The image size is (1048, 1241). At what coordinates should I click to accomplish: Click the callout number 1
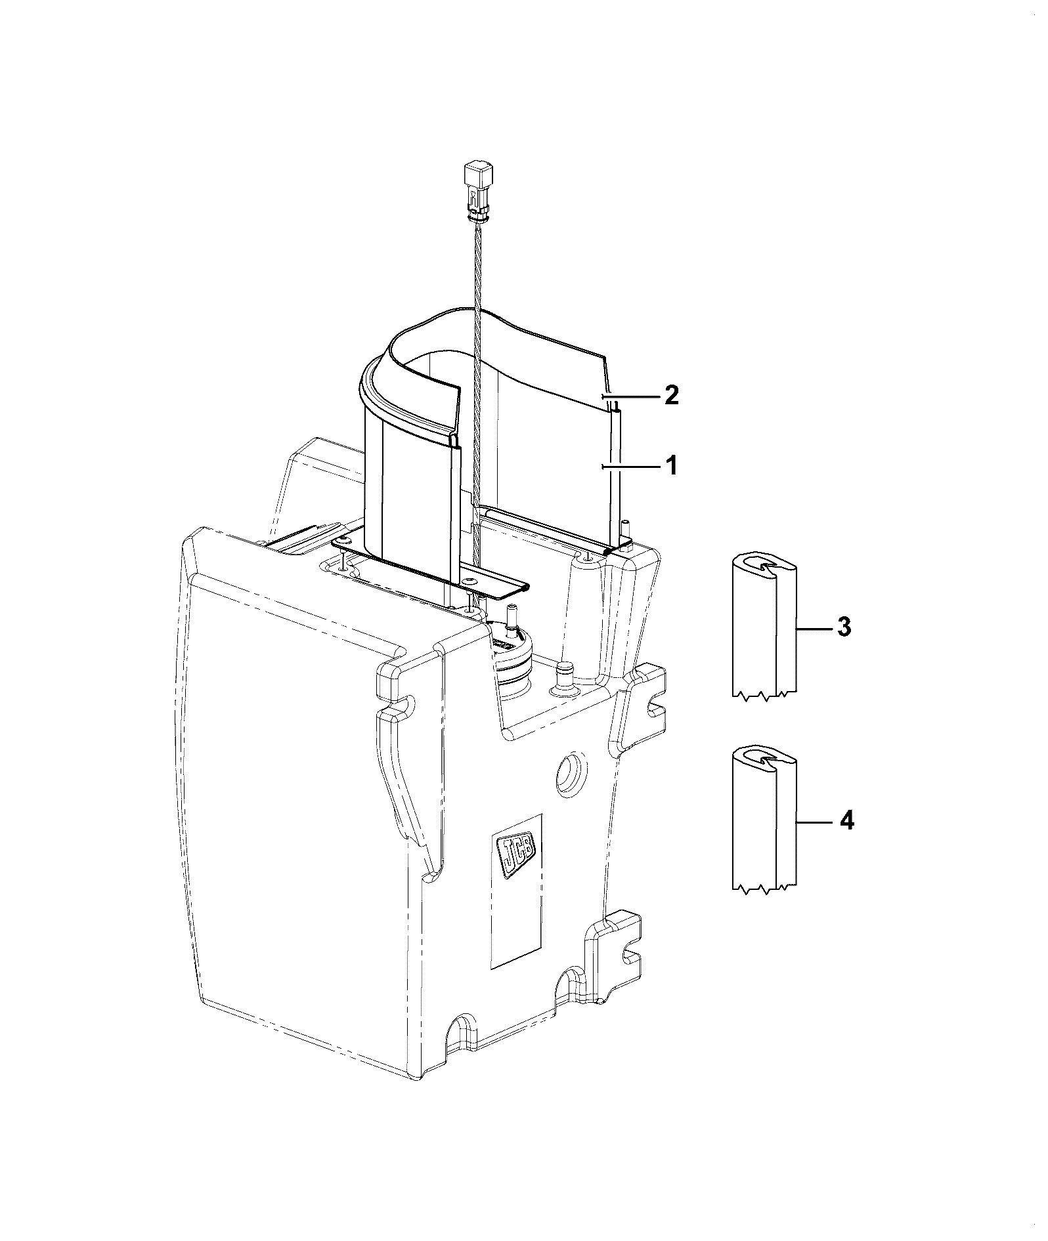670,467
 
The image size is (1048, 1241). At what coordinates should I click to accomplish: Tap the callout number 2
671,396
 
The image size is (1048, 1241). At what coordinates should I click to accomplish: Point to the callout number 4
847,820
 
